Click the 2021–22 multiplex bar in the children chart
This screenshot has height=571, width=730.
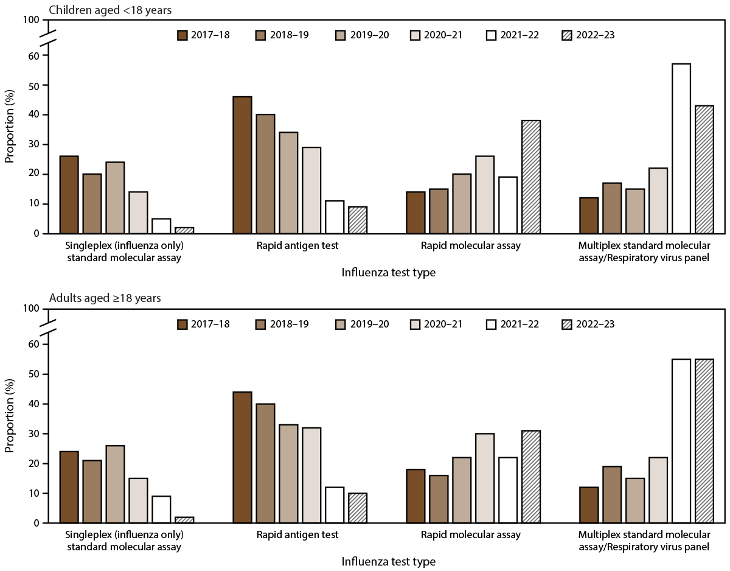click(x=681, y=149)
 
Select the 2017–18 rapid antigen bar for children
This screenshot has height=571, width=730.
click(x=242, y=165)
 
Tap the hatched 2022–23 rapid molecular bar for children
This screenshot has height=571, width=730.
click(x=531, y=177)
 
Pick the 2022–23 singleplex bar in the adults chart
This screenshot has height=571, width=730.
click(x=184, y=520)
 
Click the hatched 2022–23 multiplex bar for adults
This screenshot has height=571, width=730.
click(x=704, y=441)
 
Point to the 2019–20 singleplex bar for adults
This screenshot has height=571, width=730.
click(x=115, y=484)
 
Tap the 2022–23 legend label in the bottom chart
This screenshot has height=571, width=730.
click(x=594, y=324)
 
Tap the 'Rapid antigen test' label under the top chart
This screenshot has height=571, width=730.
click(x=297, y=246)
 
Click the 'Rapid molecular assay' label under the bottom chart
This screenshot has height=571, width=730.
click(x=471, y=534)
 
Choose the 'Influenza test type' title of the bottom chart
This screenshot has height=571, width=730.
click(x=389, y=561)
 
